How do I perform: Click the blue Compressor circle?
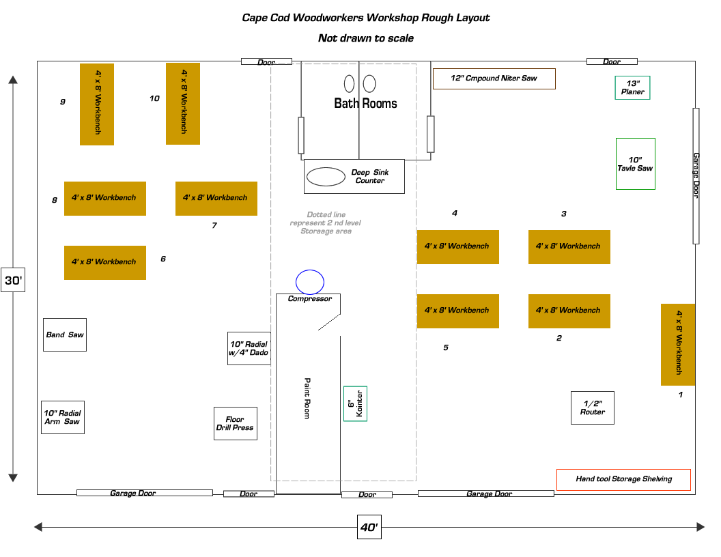pos(310,281)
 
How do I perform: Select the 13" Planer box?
pos(633,87)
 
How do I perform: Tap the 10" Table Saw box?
pos(636,164)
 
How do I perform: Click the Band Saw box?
pos(65,334)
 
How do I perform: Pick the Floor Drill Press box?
pos(236,423)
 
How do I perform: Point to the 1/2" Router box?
pos(593,408)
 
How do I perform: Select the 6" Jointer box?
pos(355,403)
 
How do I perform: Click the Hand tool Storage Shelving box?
pos(623,479)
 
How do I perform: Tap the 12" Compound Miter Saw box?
pos(494,78)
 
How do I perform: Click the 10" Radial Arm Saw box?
pos(63,417)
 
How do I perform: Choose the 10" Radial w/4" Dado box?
pos(249,348)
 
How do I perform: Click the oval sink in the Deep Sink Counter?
pos(326,176)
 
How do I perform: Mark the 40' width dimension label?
pos(369,527)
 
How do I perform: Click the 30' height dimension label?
pos(13,281)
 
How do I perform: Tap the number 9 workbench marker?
pos(63,102)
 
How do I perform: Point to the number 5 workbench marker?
pos(446,347)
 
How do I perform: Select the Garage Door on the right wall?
pos(696,175)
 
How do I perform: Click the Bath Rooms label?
pos(365,104)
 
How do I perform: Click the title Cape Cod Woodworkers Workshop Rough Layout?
pos(366,18)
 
